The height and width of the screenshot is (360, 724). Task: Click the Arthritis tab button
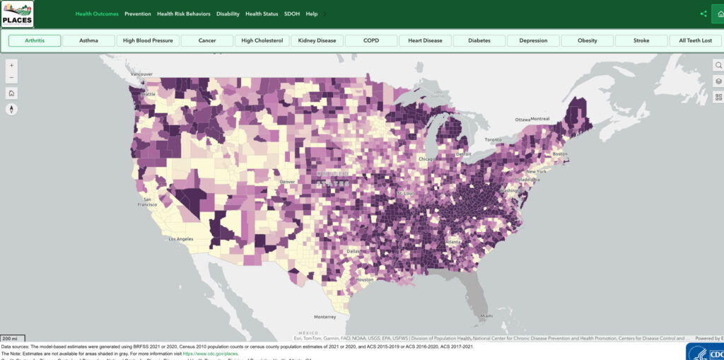34,40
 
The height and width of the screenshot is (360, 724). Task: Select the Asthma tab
88,40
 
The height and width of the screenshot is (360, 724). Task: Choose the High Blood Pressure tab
148,40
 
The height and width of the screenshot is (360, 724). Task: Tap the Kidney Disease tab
317,40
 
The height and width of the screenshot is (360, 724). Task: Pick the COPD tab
371,40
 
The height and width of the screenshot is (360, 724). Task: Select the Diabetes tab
479,40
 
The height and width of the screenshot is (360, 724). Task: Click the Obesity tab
587,40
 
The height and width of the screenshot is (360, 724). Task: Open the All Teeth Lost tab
696,40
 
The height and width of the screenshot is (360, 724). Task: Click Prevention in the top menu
138,14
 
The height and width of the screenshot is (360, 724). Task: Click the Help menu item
312,14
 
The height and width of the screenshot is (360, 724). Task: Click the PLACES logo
17,13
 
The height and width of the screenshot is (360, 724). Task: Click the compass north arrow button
12,109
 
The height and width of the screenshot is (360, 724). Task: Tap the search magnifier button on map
718,65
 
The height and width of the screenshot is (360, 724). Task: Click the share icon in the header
703,13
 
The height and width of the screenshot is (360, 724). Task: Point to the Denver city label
287,182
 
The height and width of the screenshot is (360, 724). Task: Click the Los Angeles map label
180,239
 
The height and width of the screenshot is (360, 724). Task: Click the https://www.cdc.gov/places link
211,353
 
